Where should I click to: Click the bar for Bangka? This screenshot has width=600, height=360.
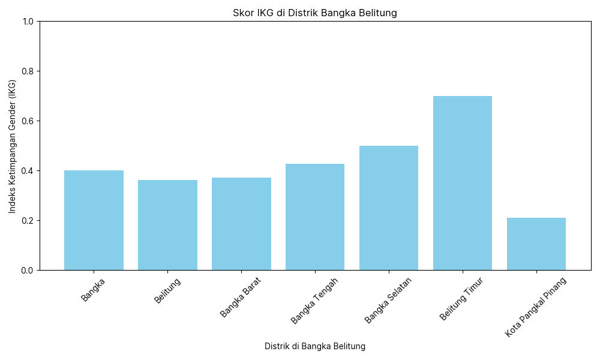94,220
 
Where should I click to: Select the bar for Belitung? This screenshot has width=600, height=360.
167,225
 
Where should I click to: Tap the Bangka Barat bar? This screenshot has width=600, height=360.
241,224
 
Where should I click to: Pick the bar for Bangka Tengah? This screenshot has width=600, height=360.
315,217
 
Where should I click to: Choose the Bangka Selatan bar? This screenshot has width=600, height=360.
389,208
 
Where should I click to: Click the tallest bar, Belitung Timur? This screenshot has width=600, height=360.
463,183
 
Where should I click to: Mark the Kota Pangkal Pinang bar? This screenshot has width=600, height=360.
536,244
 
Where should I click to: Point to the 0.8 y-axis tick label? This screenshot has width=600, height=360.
28,71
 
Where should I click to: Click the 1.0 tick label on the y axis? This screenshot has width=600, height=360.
28,22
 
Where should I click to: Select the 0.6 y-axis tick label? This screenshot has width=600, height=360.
28,121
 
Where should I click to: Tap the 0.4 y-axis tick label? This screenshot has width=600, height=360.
28,171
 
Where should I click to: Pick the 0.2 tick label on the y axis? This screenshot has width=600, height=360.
28,221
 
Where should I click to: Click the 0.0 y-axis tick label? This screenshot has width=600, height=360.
28,271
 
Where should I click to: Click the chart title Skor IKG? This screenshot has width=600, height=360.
315,13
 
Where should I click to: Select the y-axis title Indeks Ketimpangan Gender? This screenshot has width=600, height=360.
13,146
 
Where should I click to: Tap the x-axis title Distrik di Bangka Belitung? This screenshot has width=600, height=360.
315,346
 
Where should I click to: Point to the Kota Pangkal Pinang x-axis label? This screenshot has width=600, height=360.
536,307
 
